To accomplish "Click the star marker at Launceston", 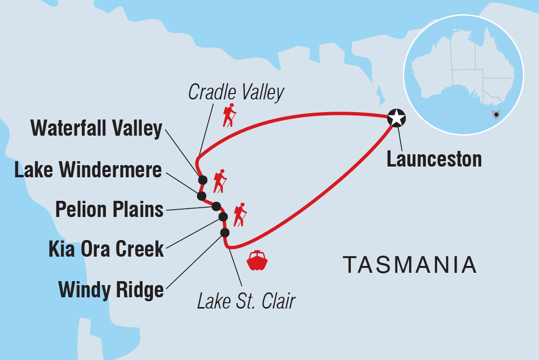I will pos(396,118).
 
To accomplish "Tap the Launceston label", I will pos(434,159).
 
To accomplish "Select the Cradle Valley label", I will pos(236,92).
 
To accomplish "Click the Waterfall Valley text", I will pos(96,129).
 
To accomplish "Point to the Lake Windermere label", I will pos(88,170).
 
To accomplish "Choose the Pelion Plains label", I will pos(109,210).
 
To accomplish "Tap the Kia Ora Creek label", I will pos(106,249).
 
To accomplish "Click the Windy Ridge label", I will pos(111,289).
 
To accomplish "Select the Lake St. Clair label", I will pos(246,301).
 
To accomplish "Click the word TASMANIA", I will pos(410,265).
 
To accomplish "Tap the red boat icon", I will pos(257,261).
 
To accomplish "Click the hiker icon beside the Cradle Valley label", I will pos(229,115).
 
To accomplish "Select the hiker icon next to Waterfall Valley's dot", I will pos(220,181).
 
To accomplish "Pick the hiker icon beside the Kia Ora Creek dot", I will pos(240,215).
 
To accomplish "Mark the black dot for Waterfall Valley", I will pos(202,180).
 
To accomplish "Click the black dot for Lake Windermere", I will pos(201,196).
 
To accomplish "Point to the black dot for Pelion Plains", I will pos(216,206).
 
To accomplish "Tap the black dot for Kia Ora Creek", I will pos(223,216).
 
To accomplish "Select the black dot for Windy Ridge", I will pos(225,232).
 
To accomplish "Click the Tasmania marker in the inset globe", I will pos(496,115).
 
